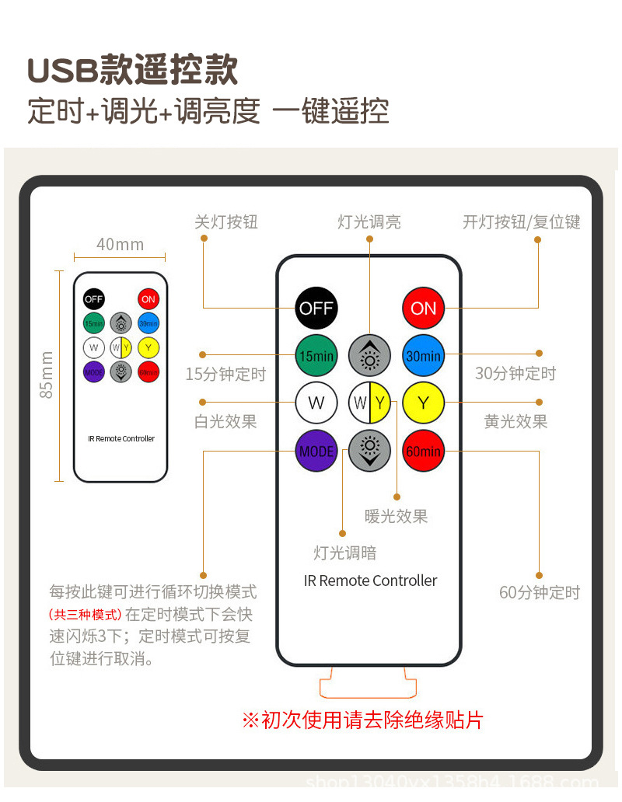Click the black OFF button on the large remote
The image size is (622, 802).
(x=316, y=309)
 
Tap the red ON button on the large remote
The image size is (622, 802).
(x=423, y=309)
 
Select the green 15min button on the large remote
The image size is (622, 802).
(x=316, y=356)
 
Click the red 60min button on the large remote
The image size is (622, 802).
(x=423, y=451)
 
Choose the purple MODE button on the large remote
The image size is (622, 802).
(x=316, y=451)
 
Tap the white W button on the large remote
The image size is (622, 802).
(x=316, y=403)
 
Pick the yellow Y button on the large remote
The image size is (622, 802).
(x=423, y=403)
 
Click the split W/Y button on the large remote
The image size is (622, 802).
(x=369, y=403)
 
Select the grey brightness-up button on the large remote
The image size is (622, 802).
(x=369, y=356)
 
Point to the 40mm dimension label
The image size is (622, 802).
(x=120, y=245)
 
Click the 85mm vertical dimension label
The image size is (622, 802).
(x=47, y=375)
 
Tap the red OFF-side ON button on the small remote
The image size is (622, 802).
(x=148, y=299)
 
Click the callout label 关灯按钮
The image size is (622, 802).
(x=225, y=222)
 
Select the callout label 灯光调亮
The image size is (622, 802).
(x=369, y=222)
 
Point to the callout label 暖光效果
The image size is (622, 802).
(x=396, y=516)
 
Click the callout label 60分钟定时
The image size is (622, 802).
(x=539, y=593)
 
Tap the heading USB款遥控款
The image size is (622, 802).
(x=132, y=71)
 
